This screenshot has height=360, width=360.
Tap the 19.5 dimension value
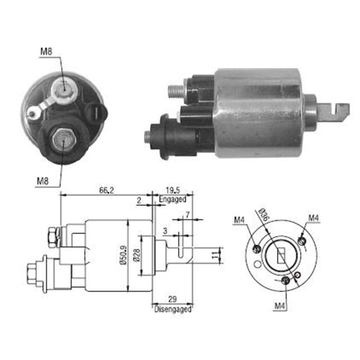point(173,191)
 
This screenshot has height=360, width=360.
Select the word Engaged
point(172,199)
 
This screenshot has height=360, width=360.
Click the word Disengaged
point(173,310)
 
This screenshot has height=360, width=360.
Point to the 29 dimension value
point(172,300)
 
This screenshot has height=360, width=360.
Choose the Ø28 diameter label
point(137,255)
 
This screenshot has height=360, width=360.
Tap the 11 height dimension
point(215,256)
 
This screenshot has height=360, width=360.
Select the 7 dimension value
point(187,215)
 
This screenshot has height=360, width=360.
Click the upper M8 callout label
point(46,51)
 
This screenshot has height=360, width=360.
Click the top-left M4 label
point(240,219)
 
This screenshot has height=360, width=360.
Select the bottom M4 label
point(280,306)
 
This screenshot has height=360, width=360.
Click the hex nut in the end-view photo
point(63,140)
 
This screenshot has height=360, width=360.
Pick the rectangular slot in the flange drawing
point(280,257)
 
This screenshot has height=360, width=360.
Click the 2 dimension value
point(139,201)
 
